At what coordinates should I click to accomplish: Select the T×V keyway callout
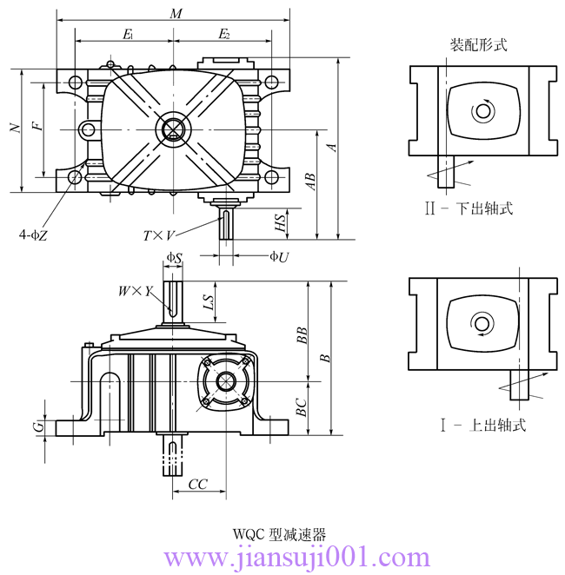pos(159,235)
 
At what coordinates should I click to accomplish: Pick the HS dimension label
pos(280,222)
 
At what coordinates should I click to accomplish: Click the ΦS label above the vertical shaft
pos(174,258)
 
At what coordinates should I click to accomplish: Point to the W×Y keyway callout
pos(135,292)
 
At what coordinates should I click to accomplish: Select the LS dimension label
pos(209,302)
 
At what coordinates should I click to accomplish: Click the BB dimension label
pos(301,336)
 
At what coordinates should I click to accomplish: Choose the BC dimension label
pos(301,406)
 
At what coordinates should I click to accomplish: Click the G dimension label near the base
pos(37,427)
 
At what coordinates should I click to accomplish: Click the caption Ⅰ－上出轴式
pos(482,426)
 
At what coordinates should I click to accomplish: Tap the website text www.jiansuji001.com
pos(296,557)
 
